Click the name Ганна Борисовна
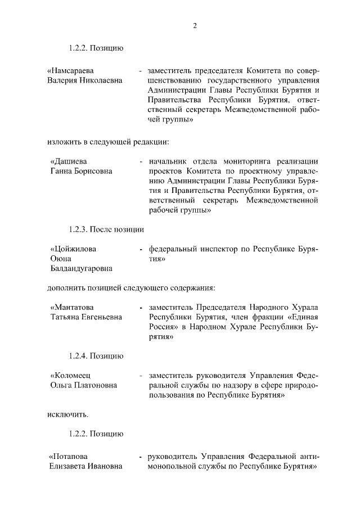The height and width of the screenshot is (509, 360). click(x=81, y=171)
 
